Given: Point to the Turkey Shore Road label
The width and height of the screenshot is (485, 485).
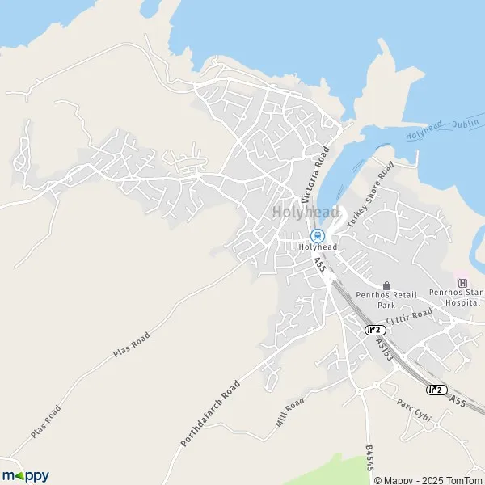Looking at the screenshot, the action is click(x=371, y=193).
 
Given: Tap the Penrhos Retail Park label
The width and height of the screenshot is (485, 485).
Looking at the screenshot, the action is click(x=386, y=301).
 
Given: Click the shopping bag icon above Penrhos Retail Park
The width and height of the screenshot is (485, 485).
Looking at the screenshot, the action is click(x=386, y=285).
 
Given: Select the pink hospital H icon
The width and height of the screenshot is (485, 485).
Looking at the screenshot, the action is click(x=462, y=283).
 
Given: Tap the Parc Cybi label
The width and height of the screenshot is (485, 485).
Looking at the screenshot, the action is click(x=414, y=411).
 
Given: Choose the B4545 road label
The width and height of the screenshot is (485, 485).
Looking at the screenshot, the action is click(x=370, y=458).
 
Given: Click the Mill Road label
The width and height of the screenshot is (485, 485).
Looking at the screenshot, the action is click(x=289, y=413).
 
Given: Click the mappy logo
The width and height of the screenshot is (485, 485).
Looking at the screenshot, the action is click(x=26, y=475).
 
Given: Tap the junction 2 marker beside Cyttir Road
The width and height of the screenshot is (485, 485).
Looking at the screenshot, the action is click(x=373, y=329).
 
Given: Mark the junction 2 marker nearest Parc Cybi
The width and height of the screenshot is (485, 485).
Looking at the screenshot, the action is click(x=436, y=390).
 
